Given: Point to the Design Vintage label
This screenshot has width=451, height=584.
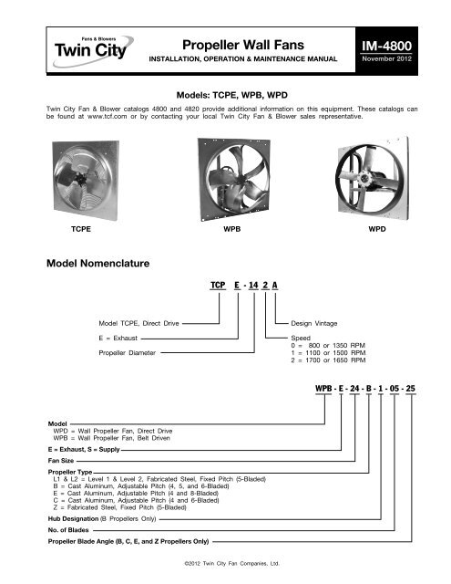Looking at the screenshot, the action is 315,324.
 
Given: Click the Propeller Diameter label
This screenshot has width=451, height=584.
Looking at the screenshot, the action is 127,350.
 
